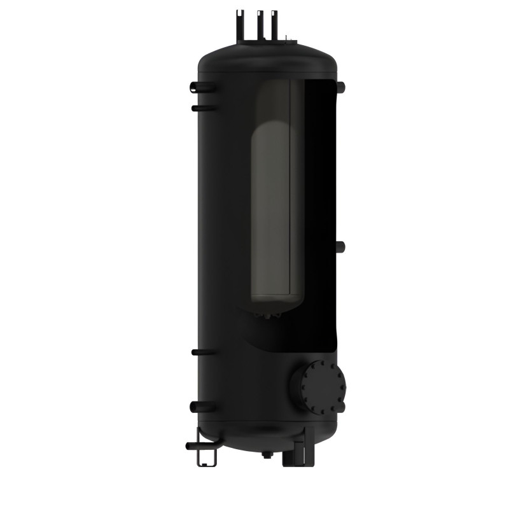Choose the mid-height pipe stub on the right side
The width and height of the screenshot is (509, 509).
340,246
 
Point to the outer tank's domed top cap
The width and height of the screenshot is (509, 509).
267,54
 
